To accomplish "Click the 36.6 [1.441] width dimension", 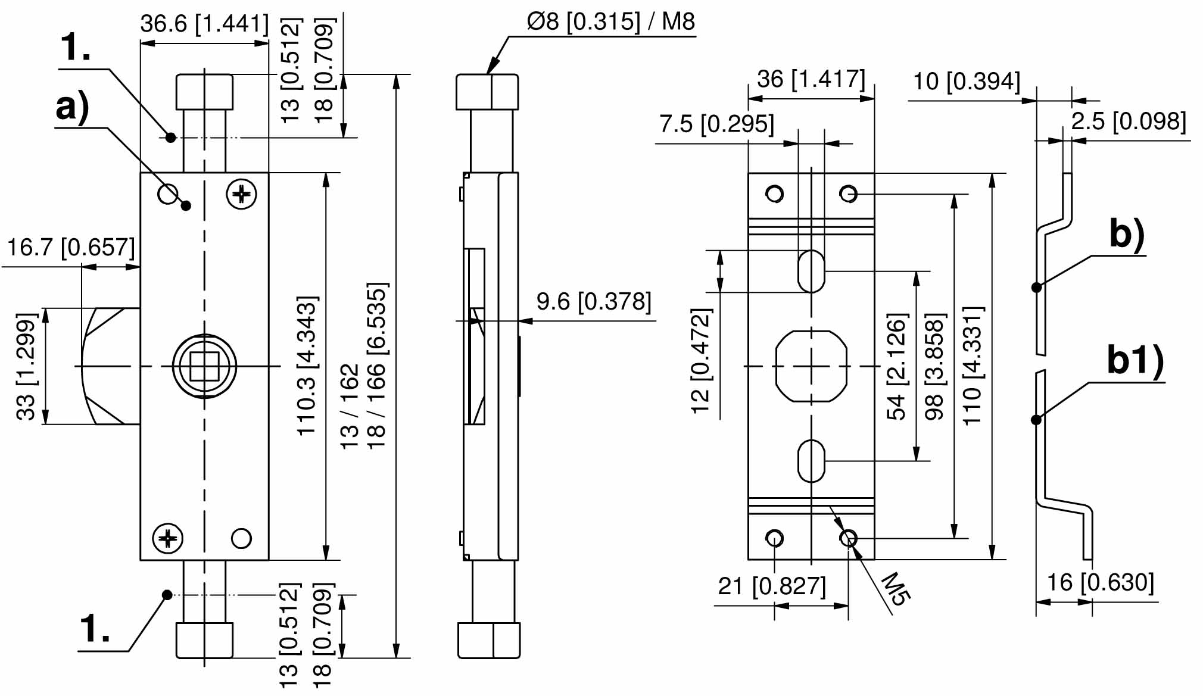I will (204, 24).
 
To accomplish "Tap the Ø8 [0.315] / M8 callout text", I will (610, 21).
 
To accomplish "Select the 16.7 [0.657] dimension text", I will (70, 247).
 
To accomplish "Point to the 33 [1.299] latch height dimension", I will (27, 366).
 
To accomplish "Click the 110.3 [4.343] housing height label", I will (307, 366).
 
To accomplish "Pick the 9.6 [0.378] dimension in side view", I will (594, 302).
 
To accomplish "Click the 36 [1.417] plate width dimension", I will (811, 79).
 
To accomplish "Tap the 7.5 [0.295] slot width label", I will (716, 124).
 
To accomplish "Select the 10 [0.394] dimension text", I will (967, 81).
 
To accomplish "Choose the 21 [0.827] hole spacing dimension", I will (772, 586).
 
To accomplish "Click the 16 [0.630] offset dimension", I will (1100, 582).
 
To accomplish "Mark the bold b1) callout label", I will (1135, 361).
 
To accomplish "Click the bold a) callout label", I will (72, 108).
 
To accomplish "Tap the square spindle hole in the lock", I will (204, 366).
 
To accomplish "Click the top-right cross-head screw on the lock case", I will (242, 194).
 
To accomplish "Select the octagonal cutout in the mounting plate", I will (811, 366).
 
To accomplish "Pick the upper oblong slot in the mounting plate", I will (811, 271).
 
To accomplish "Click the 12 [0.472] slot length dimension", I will (701, 360).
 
